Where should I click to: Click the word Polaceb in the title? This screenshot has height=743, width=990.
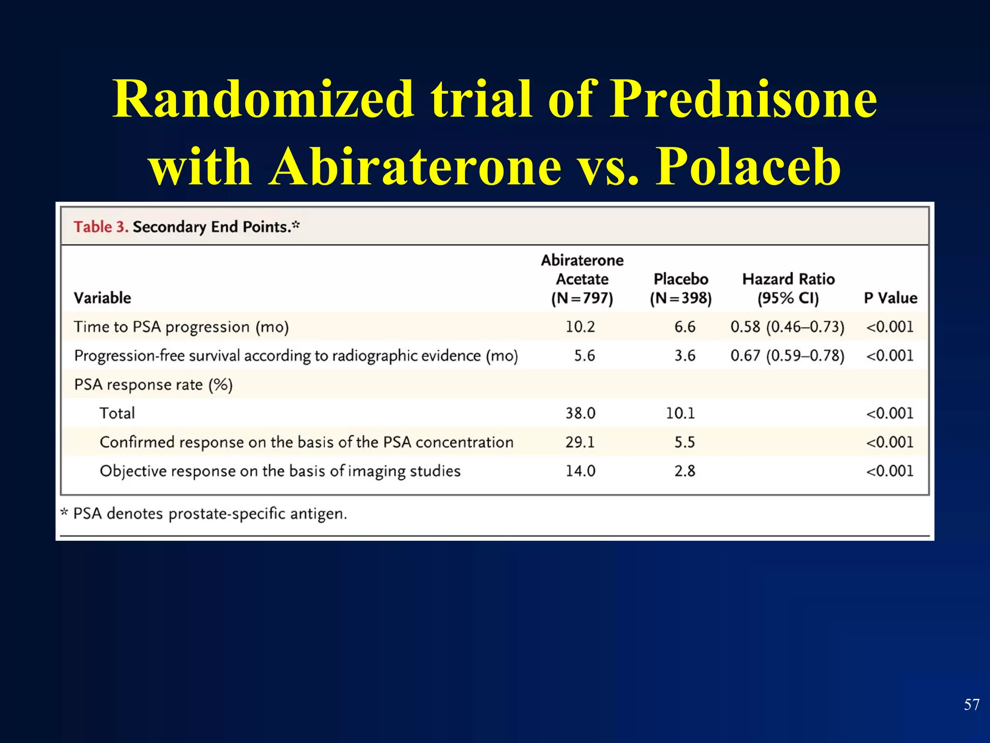pos(748,167)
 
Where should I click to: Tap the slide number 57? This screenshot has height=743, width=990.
pos(971,704)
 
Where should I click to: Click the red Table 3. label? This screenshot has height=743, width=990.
pos(101,227)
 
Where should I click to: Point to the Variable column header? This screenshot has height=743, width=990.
pos(102,297)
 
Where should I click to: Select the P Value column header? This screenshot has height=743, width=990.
pos(890,297)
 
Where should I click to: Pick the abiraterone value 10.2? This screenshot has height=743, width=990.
pos(580,327)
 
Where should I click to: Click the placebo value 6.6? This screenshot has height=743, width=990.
pos(684,327)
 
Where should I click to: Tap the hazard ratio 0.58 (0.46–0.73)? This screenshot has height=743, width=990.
pos(787,327)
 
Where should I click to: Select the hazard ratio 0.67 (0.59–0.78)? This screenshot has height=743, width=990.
pos(787,356)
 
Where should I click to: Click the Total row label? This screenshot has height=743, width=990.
pos(117,413)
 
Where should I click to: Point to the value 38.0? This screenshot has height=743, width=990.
pos(580,413)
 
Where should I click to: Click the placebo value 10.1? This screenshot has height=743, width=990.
pos(680,413)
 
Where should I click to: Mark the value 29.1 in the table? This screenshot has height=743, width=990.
pos(580,442)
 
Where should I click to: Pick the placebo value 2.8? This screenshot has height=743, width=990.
pos(684,471)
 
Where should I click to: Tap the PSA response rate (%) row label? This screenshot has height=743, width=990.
pos(153,385)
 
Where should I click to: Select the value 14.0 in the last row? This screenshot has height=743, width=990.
pos(580,471)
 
